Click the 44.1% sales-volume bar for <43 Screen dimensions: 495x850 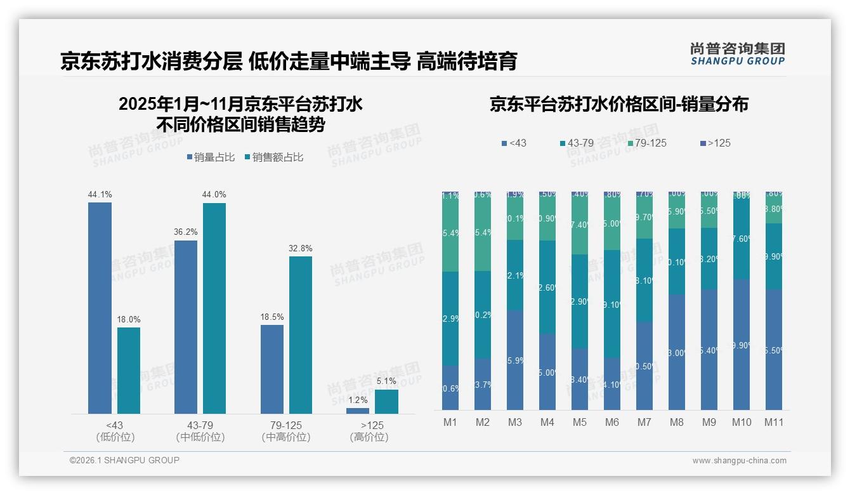point(100,308)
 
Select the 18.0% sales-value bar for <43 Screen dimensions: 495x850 point(129,371)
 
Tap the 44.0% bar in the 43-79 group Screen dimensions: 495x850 point(214,308)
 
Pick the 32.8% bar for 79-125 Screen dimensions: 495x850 point(301,334)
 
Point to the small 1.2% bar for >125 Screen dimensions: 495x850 point(358,411)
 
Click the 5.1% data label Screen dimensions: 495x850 point(386,381)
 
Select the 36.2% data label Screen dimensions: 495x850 point(186,232)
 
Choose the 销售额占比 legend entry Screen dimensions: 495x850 point(273,157)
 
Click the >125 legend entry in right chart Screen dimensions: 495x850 point(714,143)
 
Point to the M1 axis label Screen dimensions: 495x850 point(450,422)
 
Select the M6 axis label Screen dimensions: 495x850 point(612,422)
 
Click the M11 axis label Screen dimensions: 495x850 point(774,422)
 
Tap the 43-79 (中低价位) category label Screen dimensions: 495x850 point(200,431)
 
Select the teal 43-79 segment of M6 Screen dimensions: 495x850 point(612,303)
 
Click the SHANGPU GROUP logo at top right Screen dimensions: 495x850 point(737,54)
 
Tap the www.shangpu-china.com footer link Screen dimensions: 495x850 point(739,461)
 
